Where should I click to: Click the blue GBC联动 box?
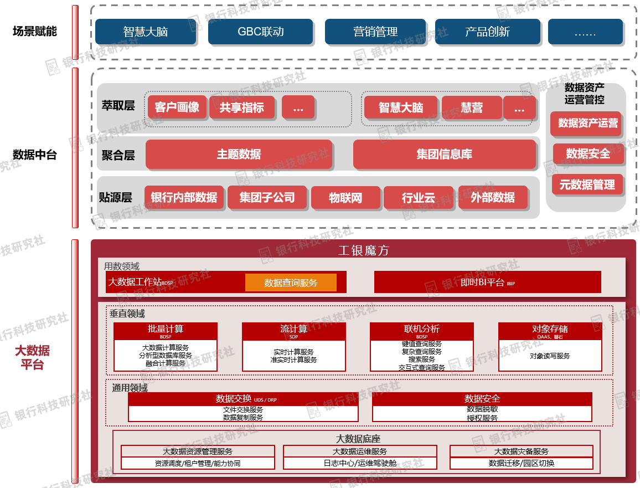pos(260,32)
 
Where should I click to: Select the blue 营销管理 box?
pos(376,32)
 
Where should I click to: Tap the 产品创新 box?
pos(487,32)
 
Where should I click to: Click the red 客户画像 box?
pos(177,107)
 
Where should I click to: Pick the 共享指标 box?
pos(241,107)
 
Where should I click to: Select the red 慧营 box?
pos(472,107)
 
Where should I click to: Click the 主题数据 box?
pos(239,154)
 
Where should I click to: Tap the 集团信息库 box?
pos(445,154)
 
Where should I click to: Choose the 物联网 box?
pos(345,198)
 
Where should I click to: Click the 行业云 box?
pos(418,198)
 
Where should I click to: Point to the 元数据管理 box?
pos(587,184)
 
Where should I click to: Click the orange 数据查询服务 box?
pos(291,282)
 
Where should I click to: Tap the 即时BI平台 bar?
pos(487,282)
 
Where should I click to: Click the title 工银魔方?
pos(363,250)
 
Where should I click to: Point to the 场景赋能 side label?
pos(35,32)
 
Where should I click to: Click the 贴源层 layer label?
pos(116,198)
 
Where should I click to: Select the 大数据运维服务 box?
pos(360,451)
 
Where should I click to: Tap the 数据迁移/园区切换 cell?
pos(521,463)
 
